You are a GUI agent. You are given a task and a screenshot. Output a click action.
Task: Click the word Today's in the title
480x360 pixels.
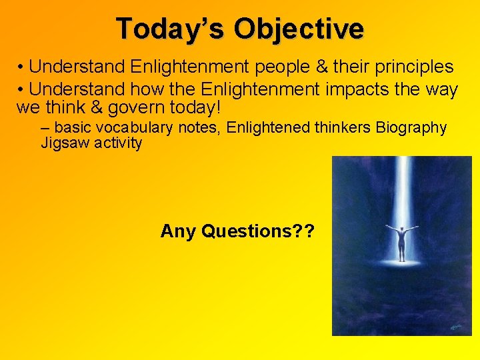tap(171, 29)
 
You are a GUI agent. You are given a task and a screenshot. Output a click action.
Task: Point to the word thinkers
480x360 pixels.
tap(339, 127)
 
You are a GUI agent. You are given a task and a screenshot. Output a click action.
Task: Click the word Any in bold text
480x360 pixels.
tap(177, 231)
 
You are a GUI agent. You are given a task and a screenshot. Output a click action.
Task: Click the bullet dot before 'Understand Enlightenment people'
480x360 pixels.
tap(22, 68)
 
